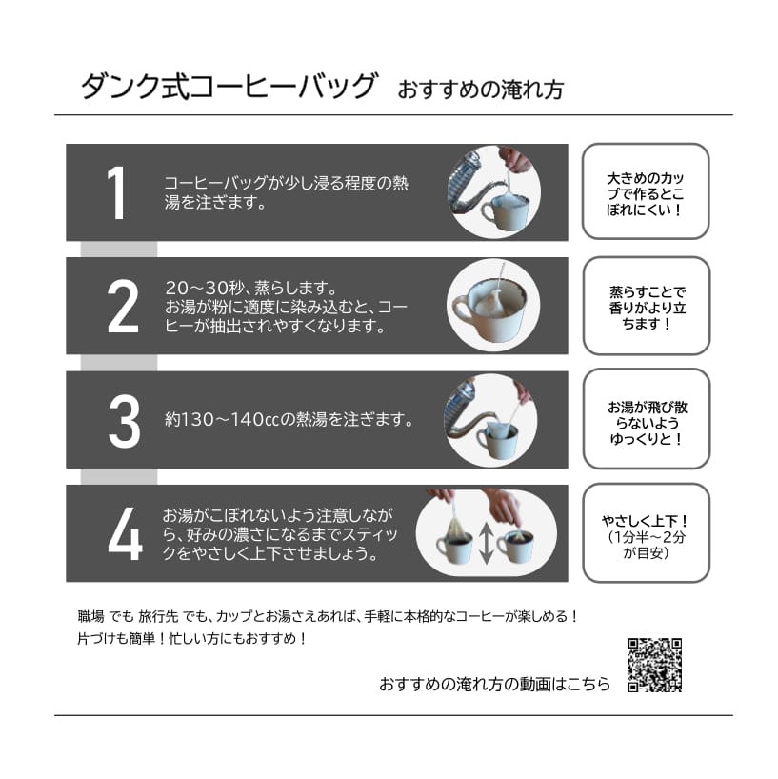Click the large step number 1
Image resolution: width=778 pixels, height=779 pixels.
coord(117,192)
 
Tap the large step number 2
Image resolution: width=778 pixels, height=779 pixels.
coord(123,306)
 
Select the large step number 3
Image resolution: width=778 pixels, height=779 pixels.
coord(124,420)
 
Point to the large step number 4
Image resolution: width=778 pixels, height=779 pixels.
coord(125,533)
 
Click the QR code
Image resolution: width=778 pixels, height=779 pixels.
coord(654,665)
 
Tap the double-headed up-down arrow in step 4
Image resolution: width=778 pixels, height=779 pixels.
coord(487,544)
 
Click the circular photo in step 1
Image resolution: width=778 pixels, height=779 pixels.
coord(494,191)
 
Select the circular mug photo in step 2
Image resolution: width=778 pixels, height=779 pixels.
coord(493,305)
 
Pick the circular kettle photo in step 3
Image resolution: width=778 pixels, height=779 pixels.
coord(490,420)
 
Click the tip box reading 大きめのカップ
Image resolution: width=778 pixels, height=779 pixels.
coord(646,191)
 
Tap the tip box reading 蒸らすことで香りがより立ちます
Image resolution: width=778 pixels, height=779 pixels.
coord(647,306)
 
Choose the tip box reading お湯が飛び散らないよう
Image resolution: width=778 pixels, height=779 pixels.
coord(647,419)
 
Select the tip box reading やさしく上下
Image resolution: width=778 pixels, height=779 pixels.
coord(647,533)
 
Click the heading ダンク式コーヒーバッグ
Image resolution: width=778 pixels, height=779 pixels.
coord(229,86)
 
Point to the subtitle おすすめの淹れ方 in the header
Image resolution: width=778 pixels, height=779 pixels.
coord(480,90)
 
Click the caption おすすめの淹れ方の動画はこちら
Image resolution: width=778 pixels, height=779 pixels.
coord(495,684)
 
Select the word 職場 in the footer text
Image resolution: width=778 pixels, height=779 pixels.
coord(90,616)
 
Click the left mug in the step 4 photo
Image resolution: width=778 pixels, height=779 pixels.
coord(453,545)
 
